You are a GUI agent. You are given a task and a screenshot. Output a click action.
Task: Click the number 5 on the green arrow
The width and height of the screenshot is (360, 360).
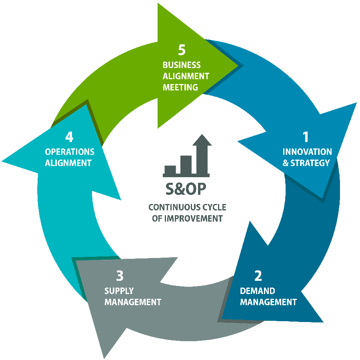point(182,50)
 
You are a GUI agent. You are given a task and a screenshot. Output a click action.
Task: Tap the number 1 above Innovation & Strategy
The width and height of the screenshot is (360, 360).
point(306,137)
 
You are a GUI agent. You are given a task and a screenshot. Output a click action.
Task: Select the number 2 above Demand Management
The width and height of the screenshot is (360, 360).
point(258,276)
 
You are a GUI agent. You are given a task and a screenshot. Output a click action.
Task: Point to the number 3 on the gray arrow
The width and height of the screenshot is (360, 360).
point(120,276)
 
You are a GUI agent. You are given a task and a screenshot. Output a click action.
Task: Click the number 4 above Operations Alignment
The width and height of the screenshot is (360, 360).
point(70,137)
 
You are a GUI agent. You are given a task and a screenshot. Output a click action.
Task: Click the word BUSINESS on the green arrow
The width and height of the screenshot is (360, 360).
point(182,65)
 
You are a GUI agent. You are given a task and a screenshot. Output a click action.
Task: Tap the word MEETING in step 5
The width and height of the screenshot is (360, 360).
point(180,87)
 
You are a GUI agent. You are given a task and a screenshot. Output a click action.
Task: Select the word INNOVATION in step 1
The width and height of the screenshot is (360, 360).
point(307,152)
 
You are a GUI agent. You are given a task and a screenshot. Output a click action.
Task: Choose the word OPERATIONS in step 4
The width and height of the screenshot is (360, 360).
point(70,152)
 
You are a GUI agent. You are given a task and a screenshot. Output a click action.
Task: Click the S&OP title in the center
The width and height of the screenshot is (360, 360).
point(186,190)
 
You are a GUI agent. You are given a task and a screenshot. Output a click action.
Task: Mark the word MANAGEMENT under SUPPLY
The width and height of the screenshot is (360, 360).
point(132,302)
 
